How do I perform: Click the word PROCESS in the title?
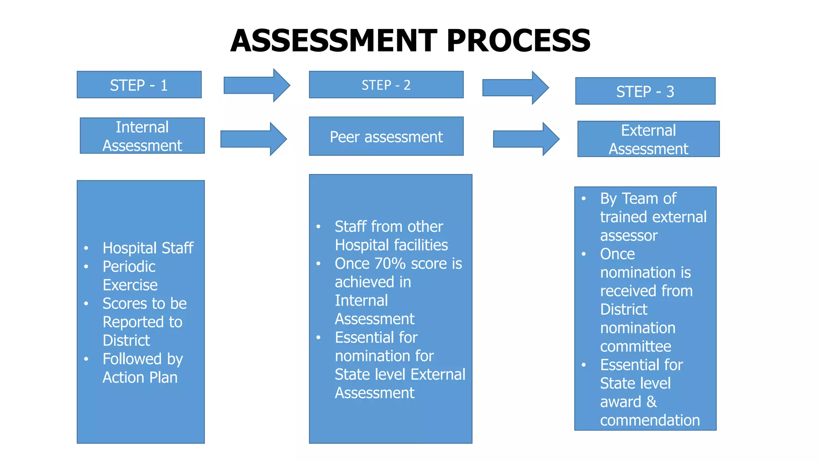(518, 41)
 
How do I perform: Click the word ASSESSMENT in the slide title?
(334, 41)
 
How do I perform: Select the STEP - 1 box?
(139, 85)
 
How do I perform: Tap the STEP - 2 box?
(386, 85)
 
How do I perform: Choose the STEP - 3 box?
(645, 91)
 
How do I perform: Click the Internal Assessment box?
(142, 136)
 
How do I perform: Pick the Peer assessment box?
(386, 137)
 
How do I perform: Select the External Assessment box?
(648, 139)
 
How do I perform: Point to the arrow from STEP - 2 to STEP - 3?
(515, 87)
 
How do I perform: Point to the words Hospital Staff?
(148, 248)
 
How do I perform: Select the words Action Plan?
(140, 378)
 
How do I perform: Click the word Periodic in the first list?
(129, 267)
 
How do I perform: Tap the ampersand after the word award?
(651, 402)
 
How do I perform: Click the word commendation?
(650, 420)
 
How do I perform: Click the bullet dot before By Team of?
(584, 199)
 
